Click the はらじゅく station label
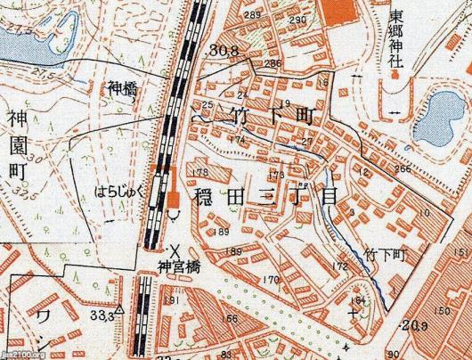point(118,190)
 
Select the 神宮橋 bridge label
point(175,265)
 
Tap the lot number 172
point(339,266)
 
